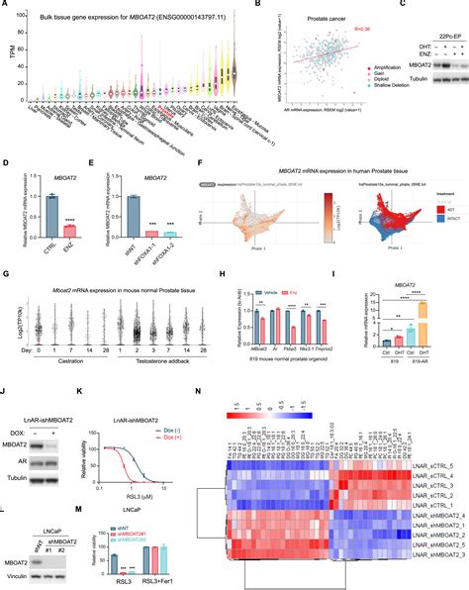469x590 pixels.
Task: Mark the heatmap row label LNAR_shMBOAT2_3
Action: click(436, 529)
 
